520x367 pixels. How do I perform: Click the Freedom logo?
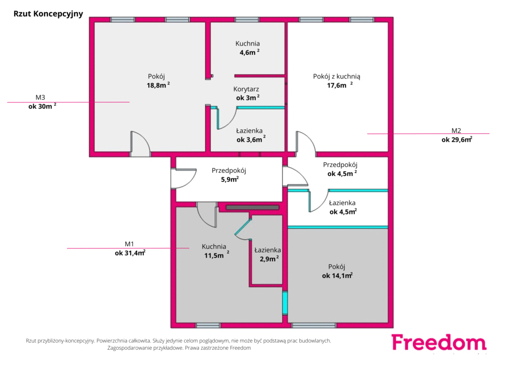click(439, 343)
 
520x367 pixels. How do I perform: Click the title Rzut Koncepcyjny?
click(48, 14)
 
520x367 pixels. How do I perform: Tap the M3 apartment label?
click(40, 97)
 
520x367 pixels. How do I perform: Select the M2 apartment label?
click(456, 131)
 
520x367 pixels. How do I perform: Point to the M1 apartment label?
click(129, 244)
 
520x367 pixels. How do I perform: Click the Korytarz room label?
click(246, 89)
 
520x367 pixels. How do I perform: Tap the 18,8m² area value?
click(158, 85)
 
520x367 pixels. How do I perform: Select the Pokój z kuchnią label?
click(337, 77)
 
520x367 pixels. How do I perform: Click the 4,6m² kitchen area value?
click(249, 52)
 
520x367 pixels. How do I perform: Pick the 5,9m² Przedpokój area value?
click(230, 179)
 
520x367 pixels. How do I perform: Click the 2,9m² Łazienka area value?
click(269, 259)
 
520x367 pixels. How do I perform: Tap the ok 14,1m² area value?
click(337, 275)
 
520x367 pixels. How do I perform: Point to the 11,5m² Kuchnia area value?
click(216, 255)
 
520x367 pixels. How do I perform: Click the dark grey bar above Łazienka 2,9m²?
click(253, 207)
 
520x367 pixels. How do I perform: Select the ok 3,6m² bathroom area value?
click(251, 139)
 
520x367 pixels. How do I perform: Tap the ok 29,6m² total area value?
click(457, 139)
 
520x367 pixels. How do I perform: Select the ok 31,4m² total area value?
click(130, 253)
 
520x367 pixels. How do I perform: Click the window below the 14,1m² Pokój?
click(314, 325)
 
